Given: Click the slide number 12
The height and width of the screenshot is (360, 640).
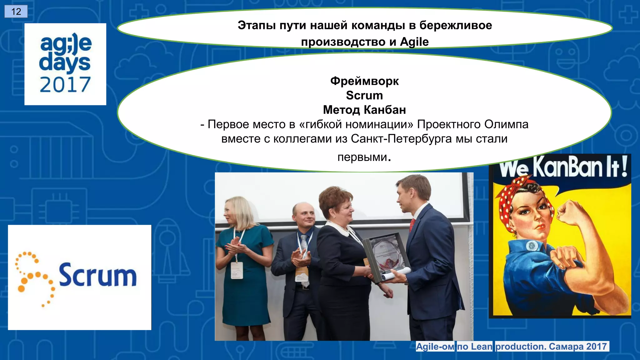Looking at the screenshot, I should [16, 12].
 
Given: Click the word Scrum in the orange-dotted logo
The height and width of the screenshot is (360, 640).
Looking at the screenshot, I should [98, 275].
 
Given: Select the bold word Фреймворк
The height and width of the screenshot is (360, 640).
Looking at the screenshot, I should [364, 81].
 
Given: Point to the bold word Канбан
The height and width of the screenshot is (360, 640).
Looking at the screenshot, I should [385, 110].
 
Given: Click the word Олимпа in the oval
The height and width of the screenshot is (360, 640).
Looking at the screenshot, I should [507, 124].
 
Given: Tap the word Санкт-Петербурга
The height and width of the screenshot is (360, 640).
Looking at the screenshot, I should [401, 138].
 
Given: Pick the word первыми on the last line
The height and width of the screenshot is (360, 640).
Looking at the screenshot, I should [362, 157].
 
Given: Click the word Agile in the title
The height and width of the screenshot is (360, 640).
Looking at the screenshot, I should [414, 42].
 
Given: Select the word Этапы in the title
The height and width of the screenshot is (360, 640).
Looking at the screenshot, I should [257, 25].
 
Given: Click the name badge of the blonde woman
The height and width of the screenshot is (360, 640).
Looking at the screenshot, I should [237, 270].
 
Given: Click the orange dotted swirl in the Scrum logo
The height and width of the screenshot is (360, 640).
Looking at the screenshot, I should [34, 278].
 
